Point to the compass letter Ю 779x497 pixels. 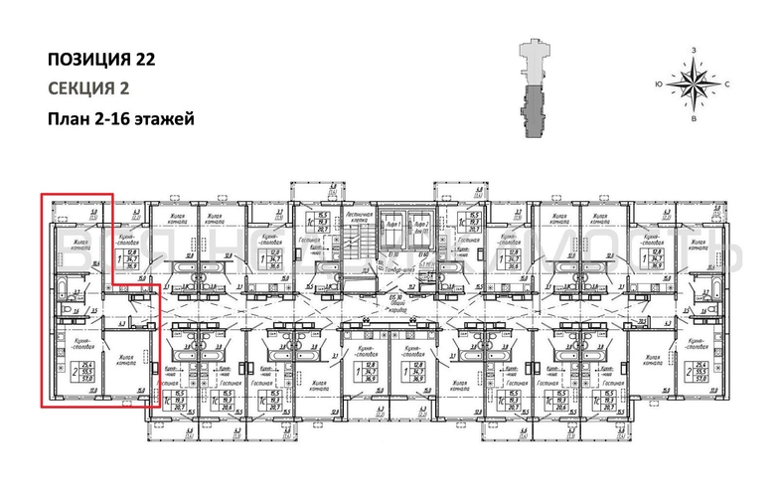659,84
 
